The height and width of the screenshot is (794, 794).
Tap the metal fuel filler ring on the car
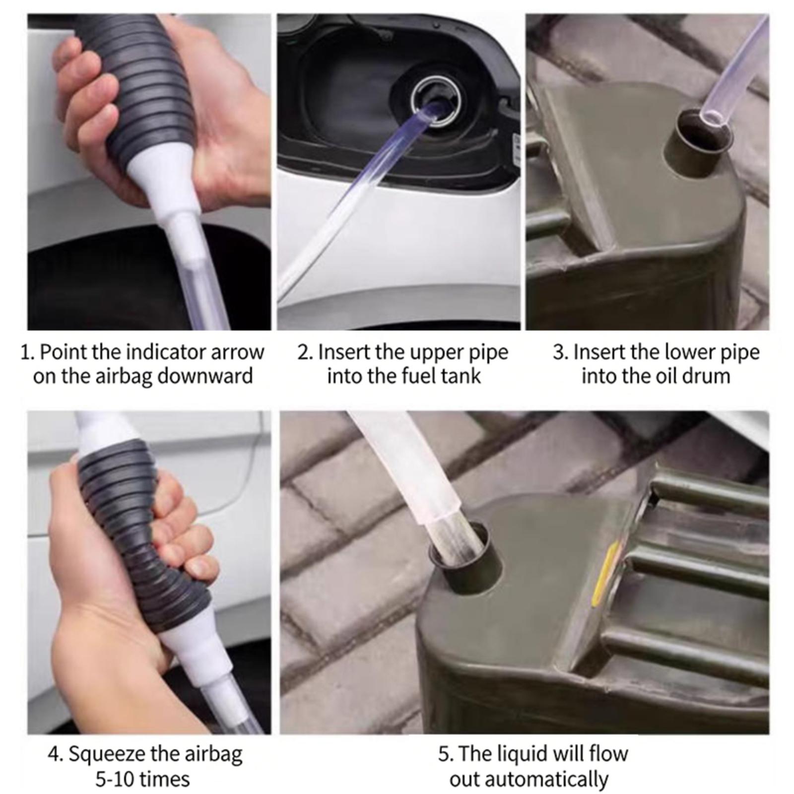438,102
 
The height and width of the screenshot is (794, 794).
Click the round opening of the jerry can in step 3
699,134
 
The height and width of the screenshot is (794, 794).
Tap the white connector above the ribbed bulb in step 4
102,432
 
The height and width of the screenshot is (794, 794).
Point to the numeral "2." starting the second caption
305,352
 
